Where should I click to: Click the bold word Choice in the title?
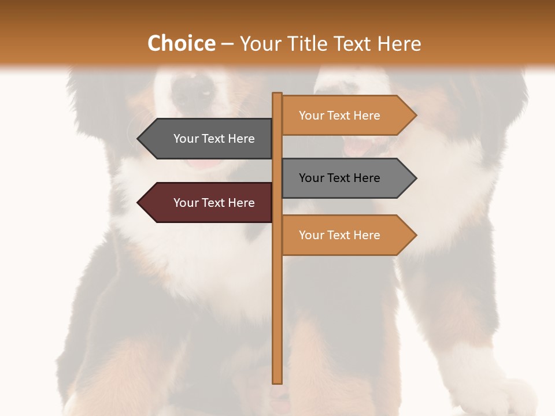pyautogui.click(x=181, y=43)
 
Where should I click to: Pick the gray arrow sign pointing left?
pyautogui.click(x=208, y=139)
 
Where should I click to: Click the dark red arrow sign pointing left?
pyautogui.click(x=208, y=203)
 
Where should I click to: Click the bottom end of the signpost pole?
pyautogui.click(x=277, y=381)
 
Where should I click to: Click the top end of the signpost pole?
pyautogui.click(x=277, y=94)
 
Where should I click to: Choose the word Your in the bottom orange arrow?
pyautogui.click(x=311, y=235)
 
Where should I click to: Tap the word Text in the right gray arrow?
pyautogui.click(x=339, y=178)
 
